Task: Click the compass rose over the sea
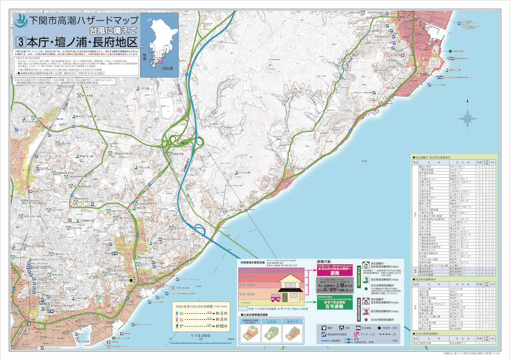(x=467, y=119)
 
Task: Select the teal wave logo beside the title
(x=22, y=22)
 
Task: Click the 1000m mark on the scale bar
(x=231, y=339)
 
